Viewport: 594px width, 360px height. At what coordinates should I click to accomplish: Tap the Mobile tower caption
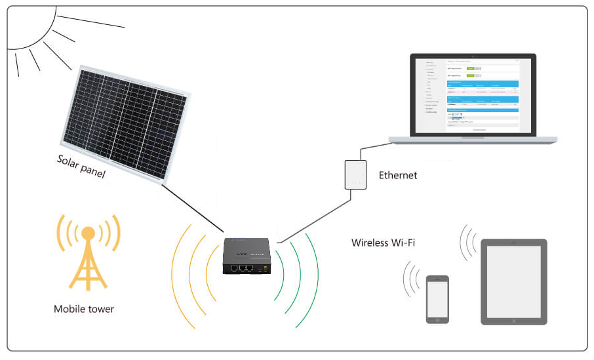[84, 309]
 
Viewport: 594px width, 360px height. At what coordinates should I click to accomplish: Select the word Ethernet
[397, 175]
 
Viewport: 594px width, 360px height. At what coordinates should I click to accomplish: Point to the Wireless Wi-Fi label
[383, 243]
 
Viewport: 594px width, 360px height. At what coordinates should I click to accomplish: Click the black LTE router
[247, 258]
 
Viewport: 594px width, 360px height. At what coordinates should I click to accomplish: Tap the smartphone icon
[437, 298]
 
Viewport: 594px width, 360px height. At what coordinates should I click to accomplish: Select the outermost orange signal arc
[174, 275]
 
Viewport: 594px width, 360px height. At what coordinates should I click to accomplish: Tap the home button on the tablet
[513, 318]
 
